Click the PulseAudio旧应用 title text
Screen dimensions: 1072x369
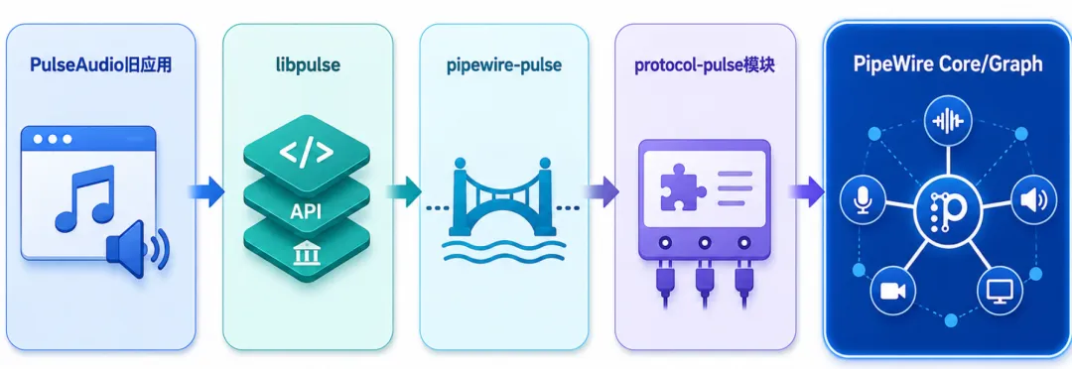coord(100,65)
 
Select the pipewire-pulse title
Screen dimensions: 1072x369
coord(504,65)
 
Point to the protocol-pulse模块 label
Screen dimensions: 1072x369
coord(705,65)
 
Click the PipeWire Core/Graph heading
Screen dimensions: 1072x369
coord(948,64)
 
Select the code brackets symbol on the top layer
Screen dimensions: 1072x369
coord(307,153)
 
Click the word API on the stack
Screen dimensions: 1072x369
coord(306,212)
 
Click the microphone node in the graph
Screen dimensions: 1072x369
coord(863,199)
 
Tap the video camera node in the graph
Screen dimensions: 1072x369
coord(893,290)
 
